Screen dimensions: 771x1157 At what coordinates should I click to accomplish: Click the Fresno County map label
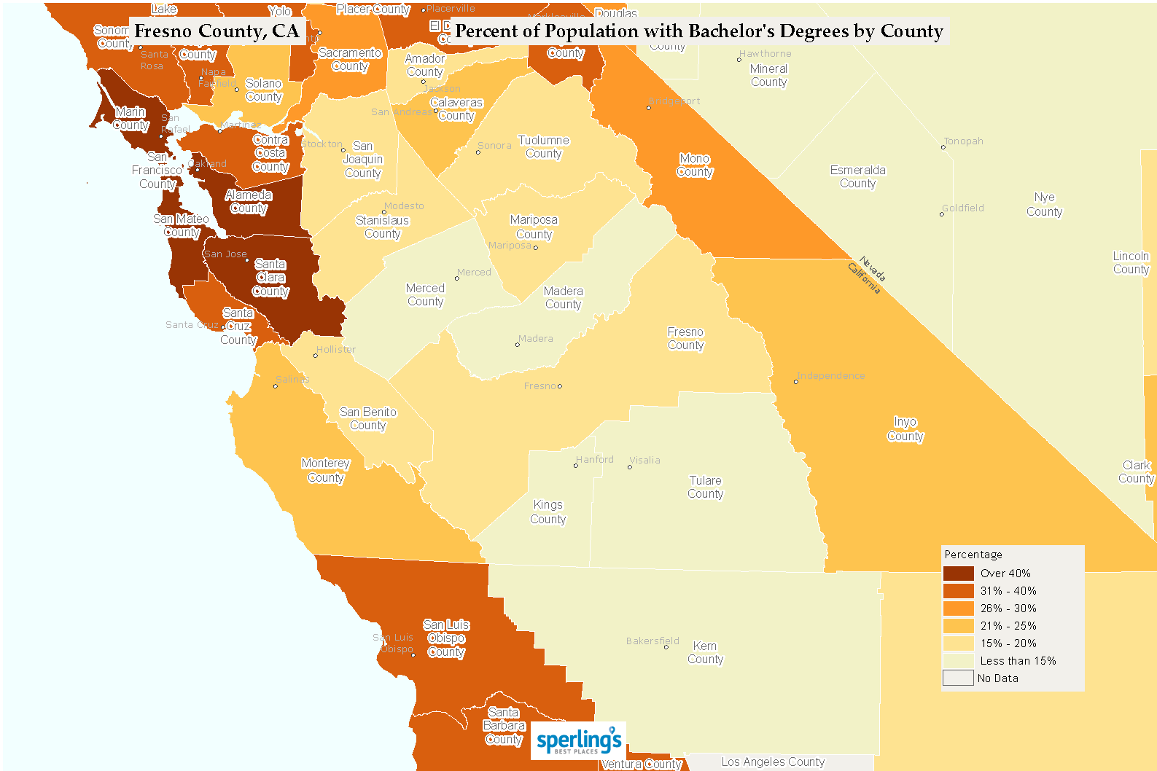pos(685,339)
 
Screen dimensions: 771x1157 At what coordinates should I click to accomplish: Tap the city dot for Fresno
pos(560,386)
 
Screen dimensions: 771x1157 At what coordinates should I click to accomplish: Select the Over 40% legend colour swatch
pos(958,574)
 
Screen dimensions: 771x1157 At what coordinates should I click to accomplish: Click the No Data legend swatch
pos(958,678)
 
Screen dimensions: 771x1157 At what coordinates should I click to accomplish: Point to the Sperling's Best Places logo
pos(578,741)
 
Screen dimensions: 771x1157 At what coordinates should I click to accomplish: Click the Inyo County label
pos(905,429)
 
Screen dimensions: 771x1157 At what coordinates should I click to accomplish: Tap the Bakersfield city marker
pos(666,646)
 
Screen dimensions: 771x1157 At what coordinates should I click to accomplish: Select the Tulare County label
pos(705,488)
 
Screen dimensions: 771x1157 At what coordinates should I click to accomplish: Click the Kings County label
pos(548,512)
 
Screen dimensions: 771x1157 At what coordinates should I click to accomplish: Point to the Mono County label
pos(694,165)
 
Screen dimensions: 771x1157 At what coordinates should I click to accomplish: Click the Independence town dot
pos(795,382)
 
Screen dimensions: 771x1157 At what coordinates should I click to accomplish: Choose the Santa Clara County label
pos(270,278)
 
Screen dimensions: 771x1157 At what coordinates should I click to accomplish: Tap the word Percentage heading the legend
pos(973,555)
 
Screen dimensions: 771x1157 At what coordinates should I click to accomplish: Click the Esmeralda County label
pos(857,176)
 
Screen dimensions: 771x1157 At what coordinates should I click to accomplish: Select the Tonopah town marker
pos(943,147)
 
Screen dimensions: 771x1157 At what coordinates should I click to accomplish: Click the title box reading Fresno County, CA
pos(217,31)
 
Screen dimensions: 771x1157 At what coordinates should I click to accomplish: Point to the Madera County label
pos(563,298)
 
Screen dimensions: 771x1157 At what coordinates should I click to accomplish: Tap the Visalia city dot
pos(630,467)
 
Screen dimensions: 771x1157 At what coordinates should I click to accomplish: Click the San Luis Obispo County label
pos(446,638)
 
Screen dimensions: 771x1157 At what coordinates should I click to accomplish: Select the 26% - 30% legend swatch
pos(958,608)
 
